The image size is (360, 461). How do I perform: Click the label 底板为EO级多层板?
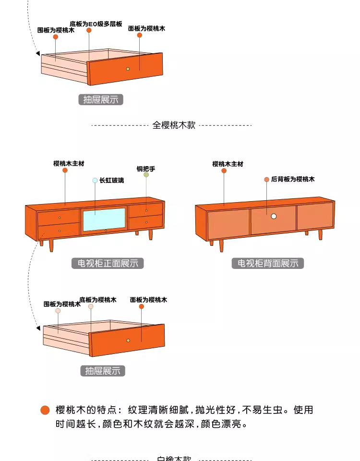[96, 23]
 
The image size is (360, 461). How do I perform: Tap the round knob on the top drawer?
[128, 69]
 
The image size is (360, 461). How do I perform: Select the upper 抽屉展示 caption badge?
[101, 100]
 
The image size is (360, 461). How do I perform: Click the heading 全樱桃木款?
[174, 125]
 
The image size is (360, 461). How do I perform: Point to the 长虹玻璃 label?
[111, 181]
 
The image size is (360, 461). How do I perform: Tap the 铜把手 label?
[146, 169]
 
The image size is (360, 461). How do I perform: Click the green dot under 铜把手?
[146, 175]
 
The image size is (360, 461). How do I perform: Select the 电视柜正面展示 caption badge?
[108, 263]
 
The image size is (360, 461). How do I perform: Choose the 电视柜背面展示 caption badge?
[268, 263]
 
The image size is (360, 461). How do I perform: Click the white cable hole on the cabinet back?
[274, 217]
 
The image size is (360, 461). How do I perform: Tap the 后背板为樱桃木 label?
[293, 179]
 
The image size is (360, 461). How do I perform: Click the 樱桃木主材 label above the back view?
[228, 164]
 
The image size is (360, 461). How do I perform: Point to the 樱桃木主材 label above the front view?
[69, 163]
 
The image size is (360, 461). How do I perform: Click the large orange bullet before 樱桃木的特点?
[45, 410]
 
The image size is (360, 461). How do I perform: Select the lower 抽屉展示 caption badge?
[103, 371]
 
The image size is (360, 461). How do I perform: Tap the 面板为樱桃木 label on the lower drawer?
[148, 300]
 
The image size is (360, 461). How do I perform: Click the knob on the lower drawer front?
[128, 340]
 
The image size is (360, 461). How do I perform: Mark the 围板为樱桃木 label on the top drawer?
[56, 30]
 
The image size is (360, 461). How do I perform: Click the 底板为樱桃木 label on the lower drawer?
[98, 300]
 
